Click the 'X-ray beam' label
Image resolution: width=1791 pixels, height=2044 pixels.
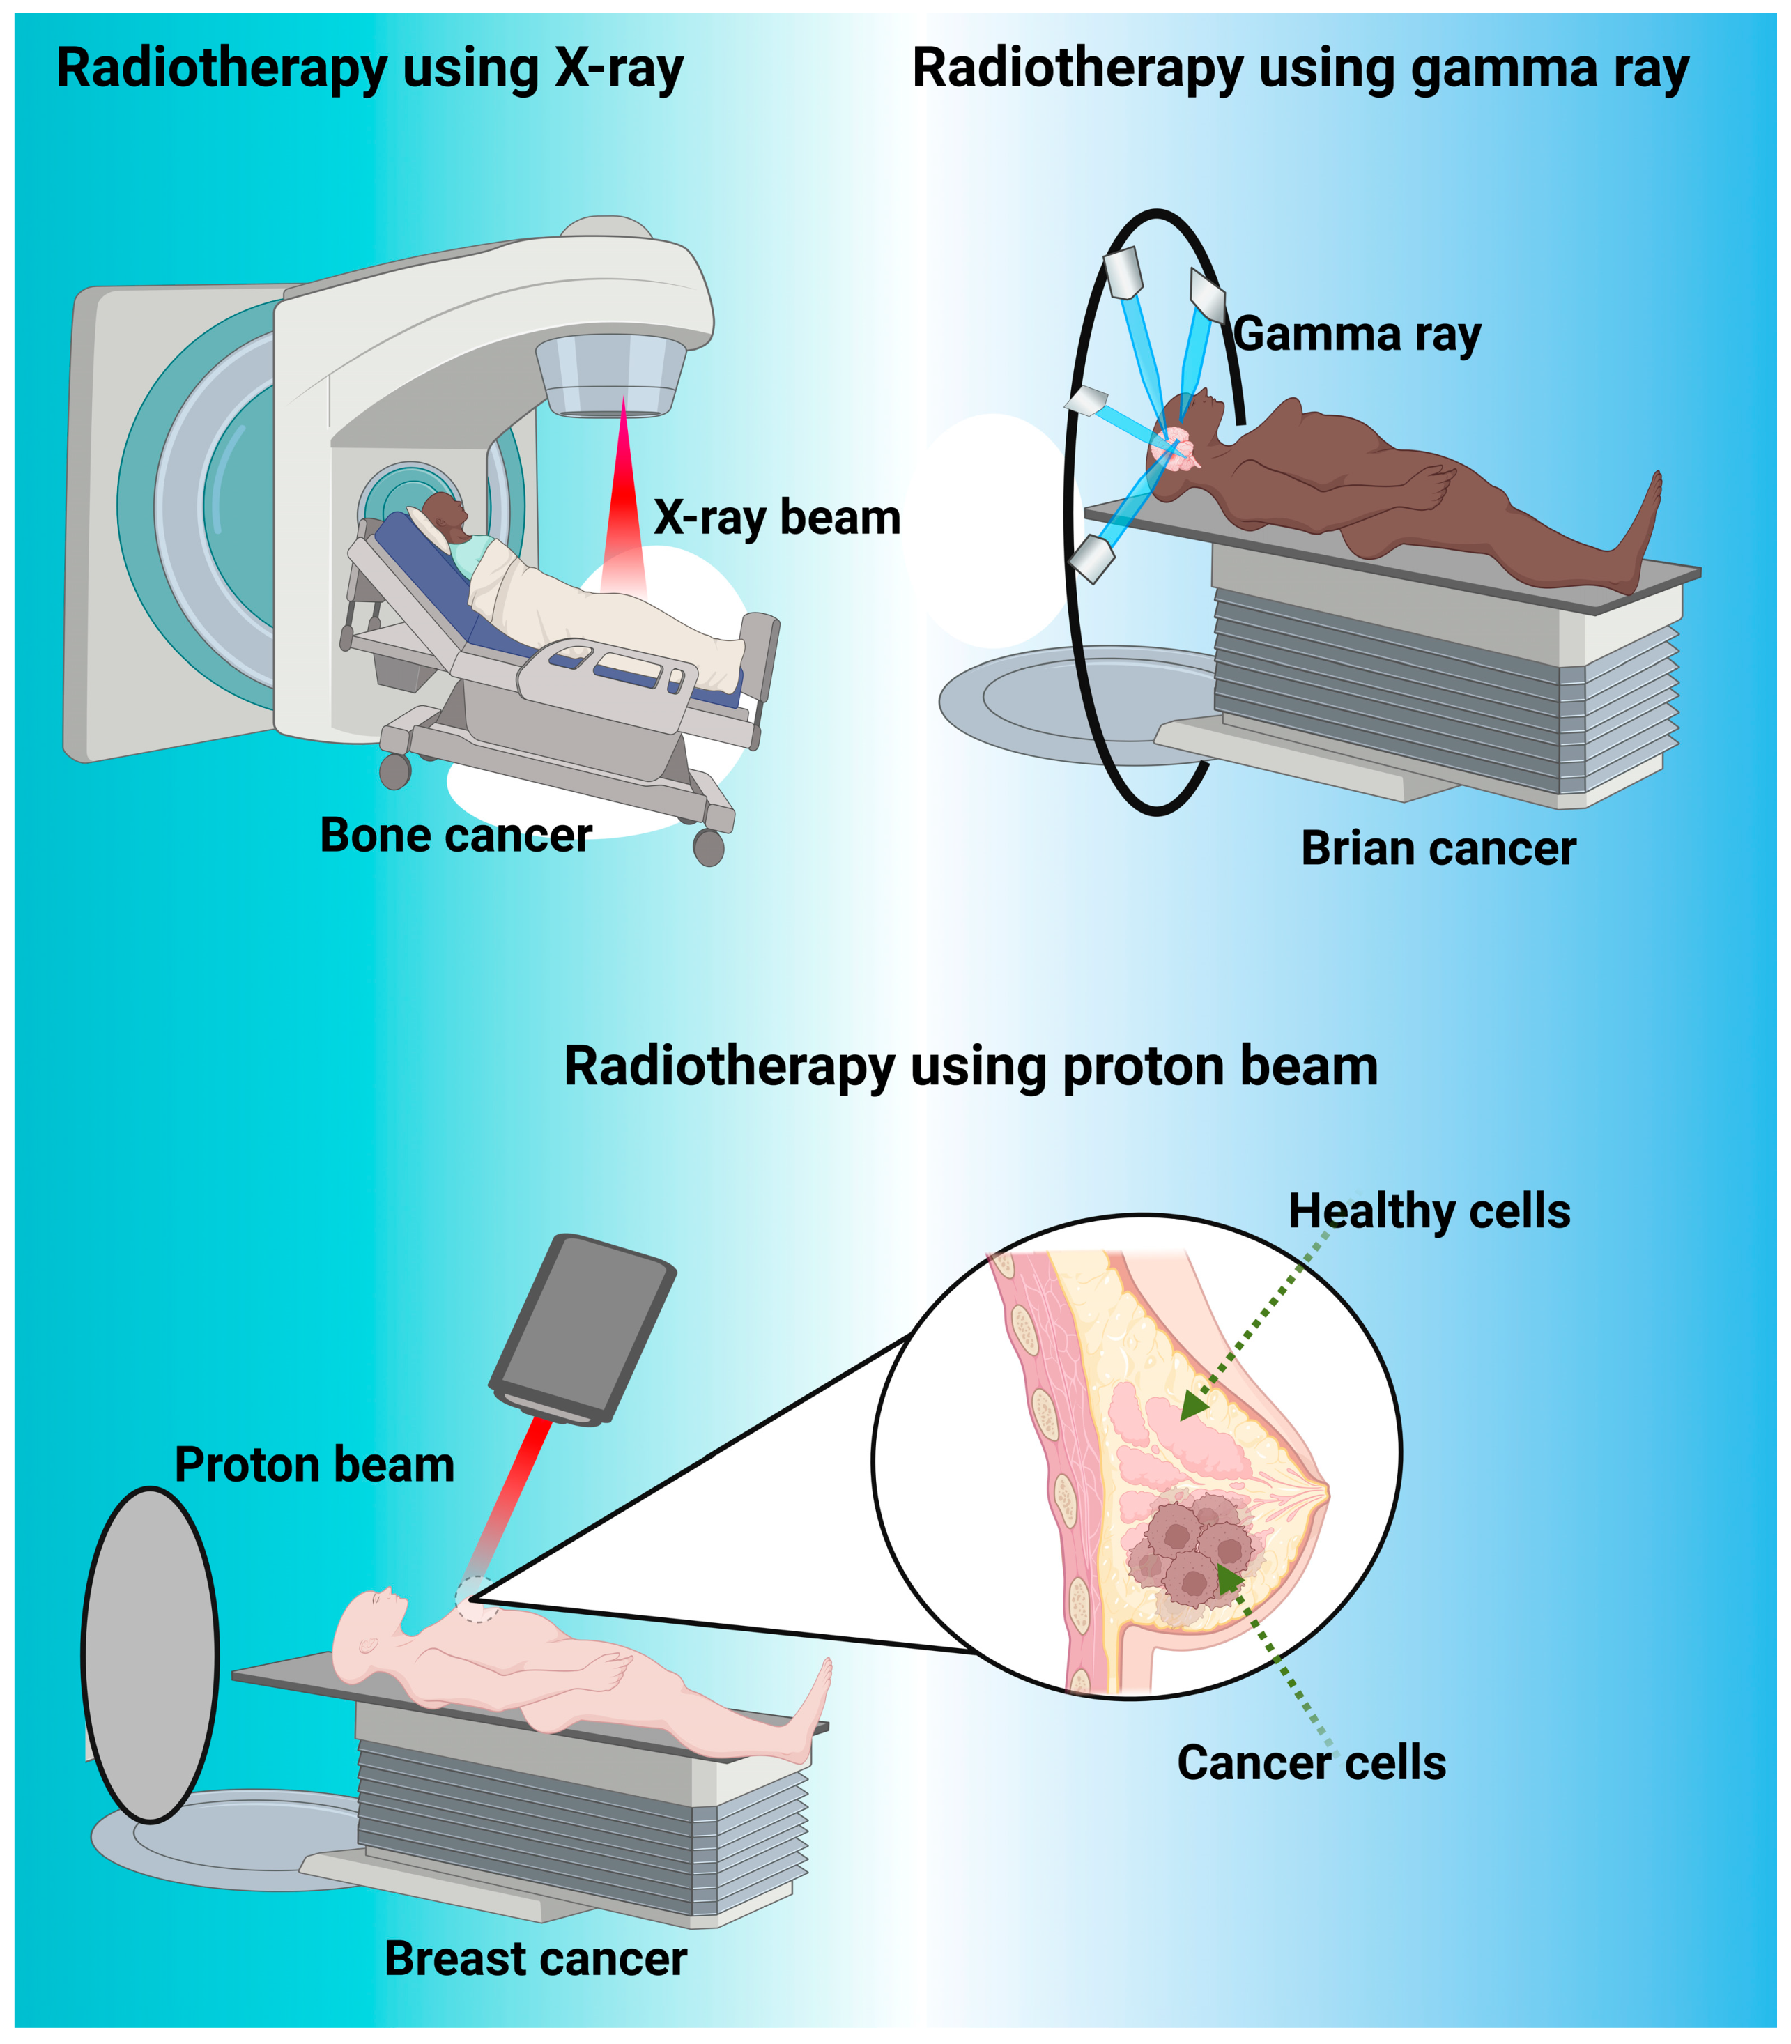776,518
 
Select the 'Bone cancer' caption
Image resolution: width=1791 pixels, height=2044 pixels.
456,835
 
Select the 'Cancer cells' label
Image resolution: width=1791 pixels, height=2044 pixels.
1312,1762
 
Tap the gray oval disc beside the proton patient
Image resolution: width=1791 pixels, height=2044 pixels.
150,1654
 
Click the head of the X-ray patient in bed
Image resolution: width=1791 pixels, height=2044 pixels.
445,513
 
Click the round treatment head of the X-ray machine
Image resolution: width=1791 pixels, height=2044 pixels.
610,375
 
